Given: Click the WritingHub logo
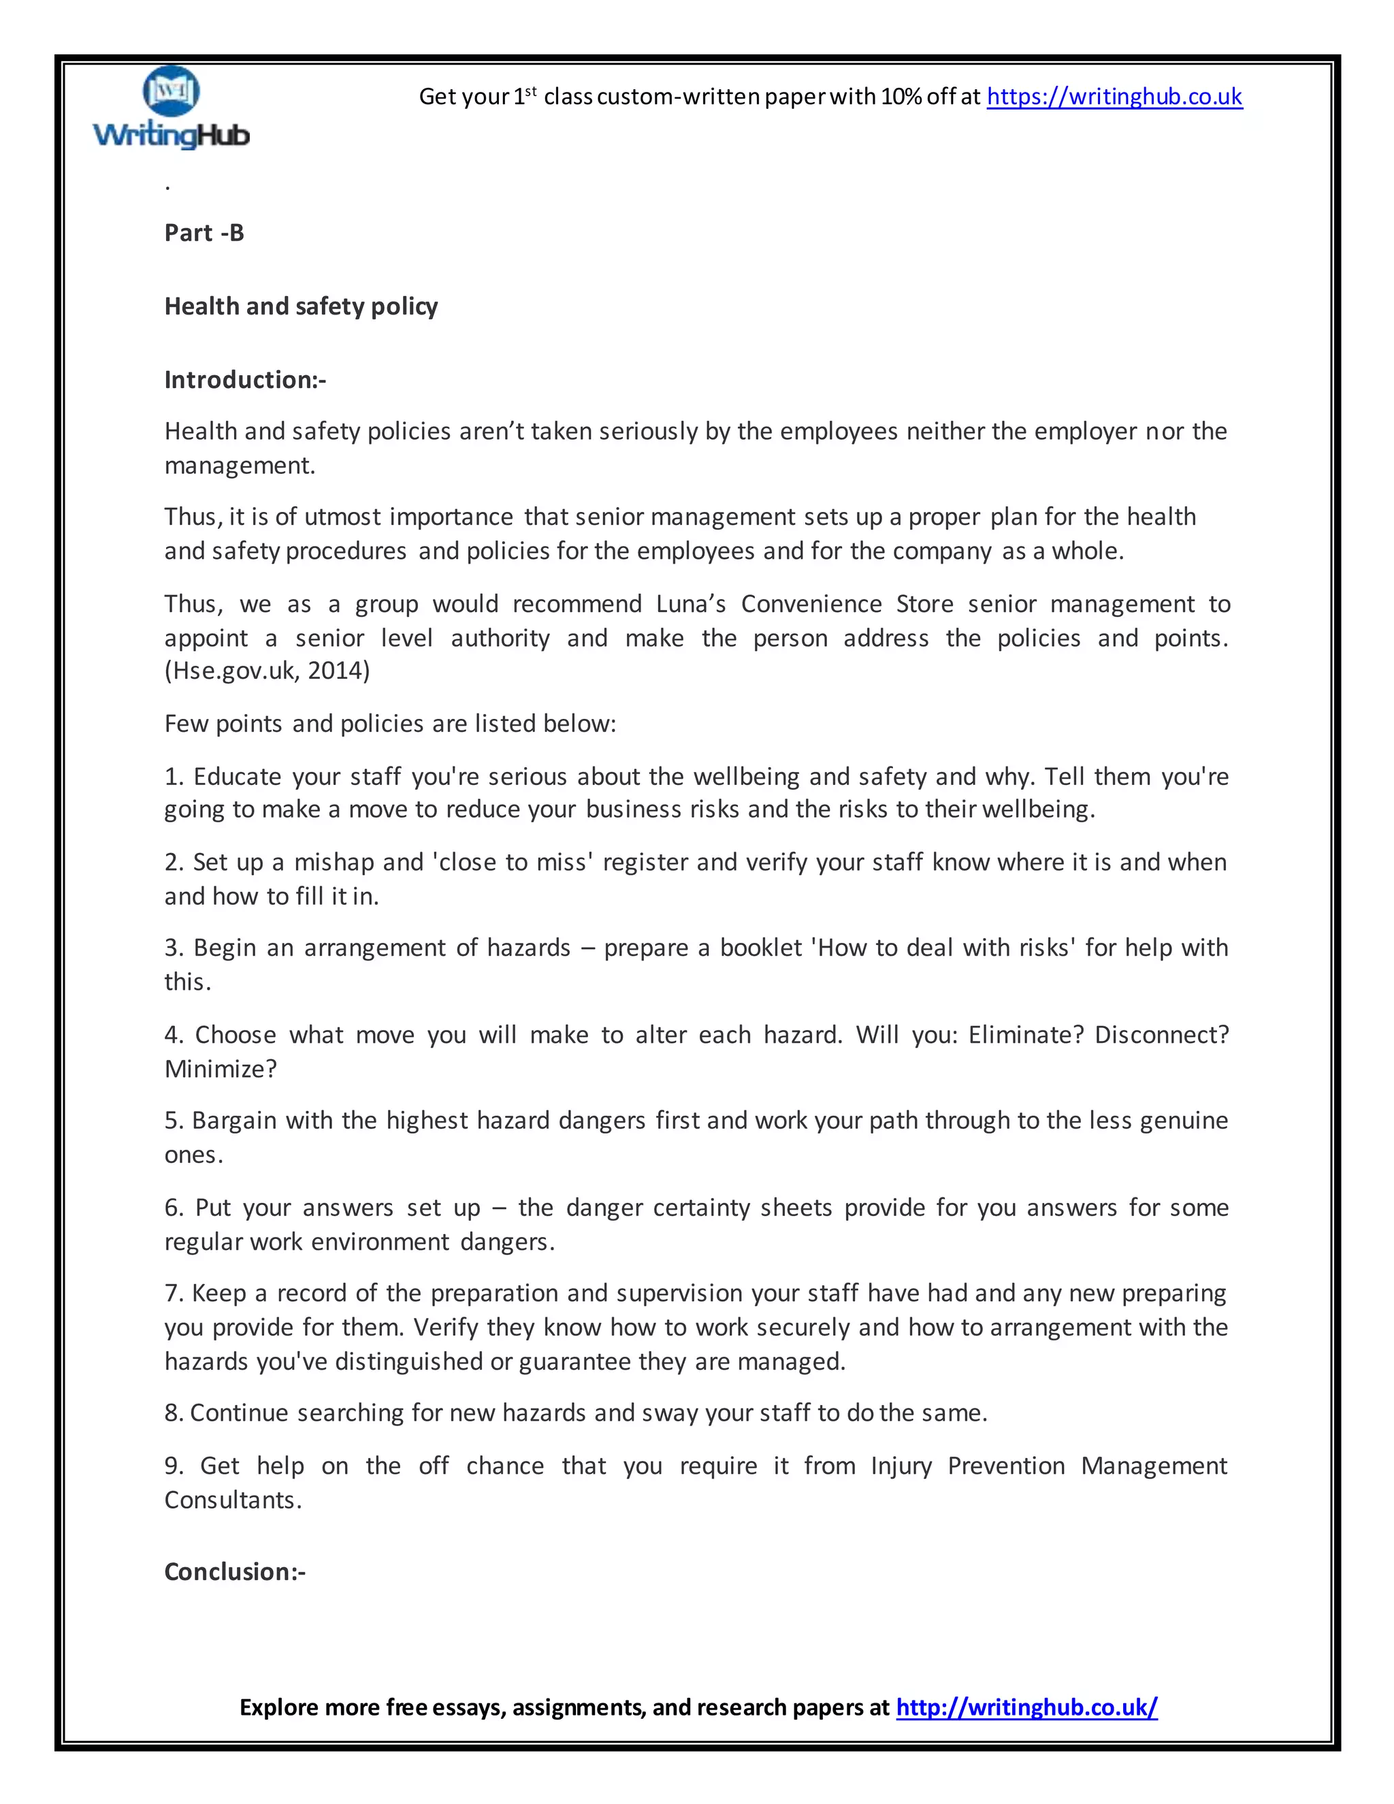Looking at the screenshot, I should click(x=171, y=108).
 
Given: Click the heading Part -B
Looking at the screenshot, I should click(x=204, y=233).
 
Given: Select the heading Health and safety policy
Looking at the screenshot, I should click(x=301, y=306).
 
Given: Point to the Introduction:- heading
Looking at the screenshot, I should click(x=244, y=380).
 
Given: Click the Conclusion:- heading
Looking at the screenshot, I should click(x=235, y=1571).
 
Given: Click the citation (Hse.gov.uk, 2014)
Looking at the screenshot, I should click(x=267, y=670).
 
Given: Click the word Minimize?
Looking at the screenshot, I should click(x=221, y=1069).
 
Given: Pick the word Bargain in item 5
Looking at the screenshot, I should click(x=235, y=1121).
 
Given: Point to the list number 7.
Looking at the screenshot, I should click(x=173, y=1293).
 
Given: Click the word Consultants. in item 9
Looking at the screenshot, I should click(x=233, y=1500).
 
